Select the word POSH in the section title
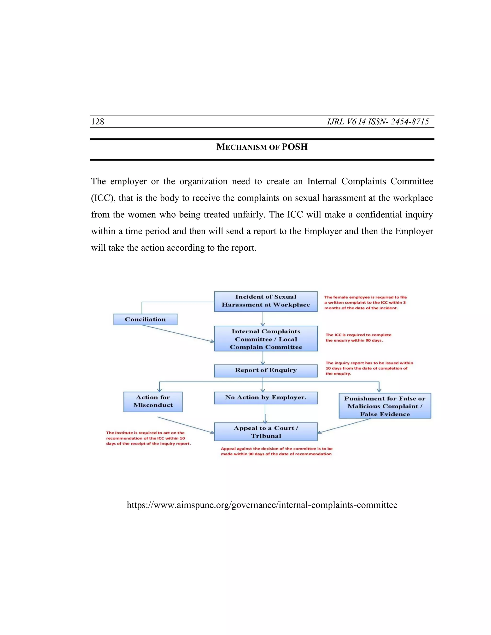(x=294, y=147)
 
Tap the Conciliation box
(x=145, y=319)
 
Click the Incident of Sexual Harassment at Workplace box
(x=266, y=301)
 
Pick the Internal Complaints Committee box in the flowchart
(x=266, y=339)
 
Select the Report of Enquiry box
(x=266, y=370)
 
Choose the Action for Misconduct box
(x=153, y=402)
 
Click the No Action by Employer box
(x=266, y=398)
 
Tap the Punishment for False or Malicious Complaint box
(x=385, y=406)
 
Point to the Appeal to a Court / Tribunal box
(x=266, y=432)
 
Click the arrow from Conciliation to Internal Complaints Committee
(x=178, y=334)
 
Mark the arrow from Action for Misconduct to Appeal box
(x=186, y=425)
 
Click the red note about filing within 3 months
(x=365, y=302)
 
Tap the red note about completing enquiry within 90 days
(x=358, y=338)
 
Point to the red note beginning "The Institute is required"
(x=148, y=438)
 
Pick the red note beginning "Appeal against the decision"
(x=276, y=451)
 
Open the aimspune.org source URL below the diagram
(x=262, y=505)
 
